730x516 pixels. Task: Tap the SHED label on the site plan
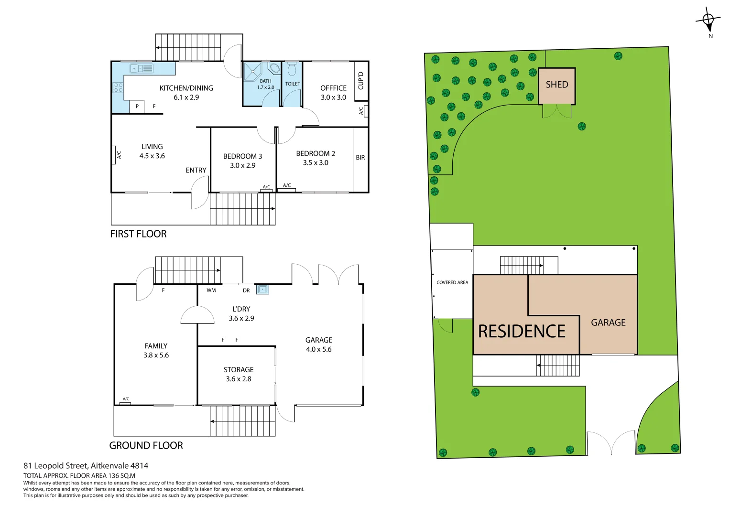click(x=557, y=85)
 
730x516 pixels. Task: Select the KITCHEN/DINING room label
click(x=186, y=88)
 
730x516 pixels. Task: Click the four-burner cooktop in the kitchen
click(x=118, y=87)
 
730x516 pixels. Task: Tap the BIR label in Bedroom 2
click(x=360, y=158)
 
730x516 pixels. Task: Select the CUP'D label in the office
click(x=361, y=81)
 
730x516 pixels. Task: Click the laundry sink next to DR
click(x=262, y=289)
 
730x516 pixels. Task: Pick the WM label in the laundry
click(x=211, y=290)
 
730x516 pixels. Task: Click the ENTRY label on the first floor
click(x=196, y=170)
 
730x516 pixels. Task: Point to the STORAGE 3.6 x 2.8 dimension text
click(x=238, y=379)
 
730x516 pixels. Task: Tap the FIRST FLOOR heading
click(x=138, y=234)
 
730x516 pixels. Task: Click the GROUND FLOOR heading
click(x=146, y=445)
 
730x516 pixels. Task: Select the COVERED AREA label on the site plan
click(x=452, y=282)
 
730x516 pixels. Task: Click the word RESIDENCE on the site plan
click(x=522, y=332)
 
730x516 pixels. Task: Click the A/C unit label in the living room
click(x=119, y=155)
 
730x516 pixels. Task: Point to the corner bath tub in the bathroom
click(x=274, y=68)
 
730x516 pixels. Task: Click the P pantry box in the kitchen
click(x=137, y=106)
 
